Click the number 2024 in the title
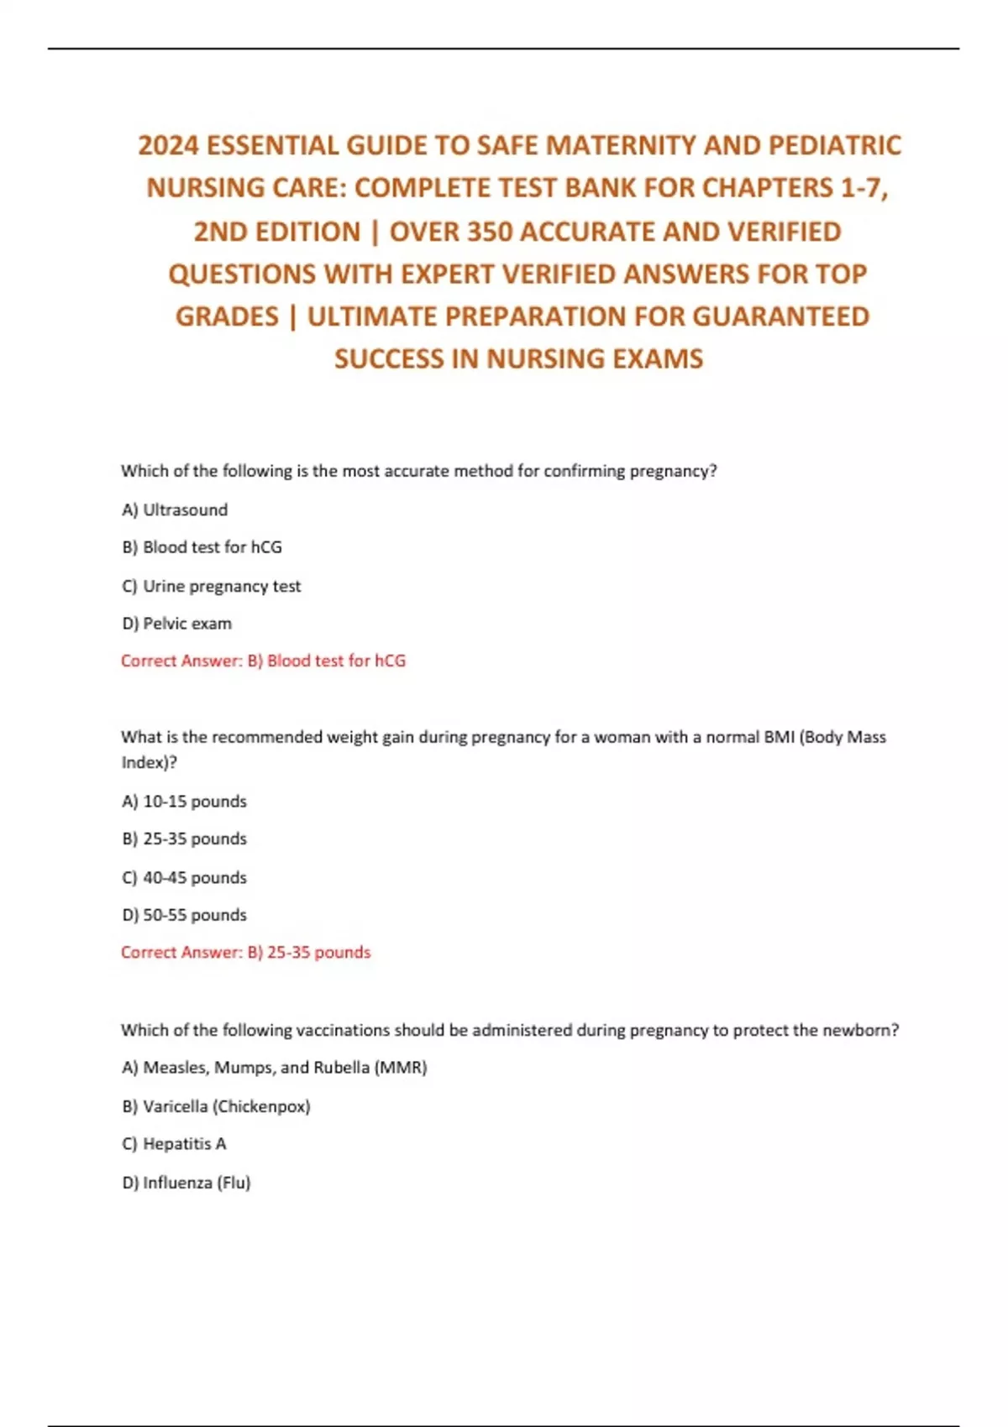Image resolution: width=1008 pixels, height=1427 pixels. click(x=169, y=146)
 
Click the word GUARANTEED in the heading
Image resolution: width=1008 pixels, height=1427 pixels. click(x=780, y=316)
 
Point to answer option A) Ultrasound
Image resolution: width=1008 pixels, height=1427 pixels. click(x=175, y=510)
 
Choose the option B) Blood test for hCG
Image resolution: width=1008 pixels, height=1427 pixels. click(x=202, y=547)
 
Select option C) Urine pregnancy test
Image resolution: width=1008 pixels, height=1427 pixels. click(x=211, y=586)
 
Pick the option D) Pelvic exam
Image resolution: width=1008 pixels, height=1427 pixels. click(x=176, y=624)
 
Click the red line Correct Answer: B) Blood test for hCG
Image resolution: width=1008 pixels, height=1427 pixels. click(x=263, y=661)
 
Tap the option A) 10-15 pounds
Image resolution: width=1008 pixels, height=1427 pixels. click(x=184, y=802)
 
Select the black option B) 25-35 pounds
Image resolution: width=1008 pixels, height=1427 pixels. click(x=184, y=839)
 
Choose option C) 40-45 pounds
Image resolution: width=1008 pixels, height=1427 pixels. click(x=184, y=878)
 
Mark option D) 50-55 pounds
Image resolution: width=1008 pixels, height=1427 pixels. click(x=184, y=915)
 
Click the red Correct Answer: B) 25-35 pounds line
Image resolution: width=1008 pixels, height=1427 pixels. click(x=245, y=953)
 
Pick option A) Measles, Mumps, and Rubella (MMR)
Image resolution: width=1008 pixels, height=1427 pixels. click(x=274, y=1068)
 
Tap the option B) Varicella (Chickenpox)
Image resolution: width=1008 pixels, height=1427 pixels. click(x=216, y=1106)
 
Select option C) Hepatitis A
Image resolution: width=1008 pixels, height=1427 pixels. click(x=174, y=1144)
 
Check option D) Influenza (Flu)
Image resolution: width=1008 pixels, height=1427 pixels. click(x=186, y=1183)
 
